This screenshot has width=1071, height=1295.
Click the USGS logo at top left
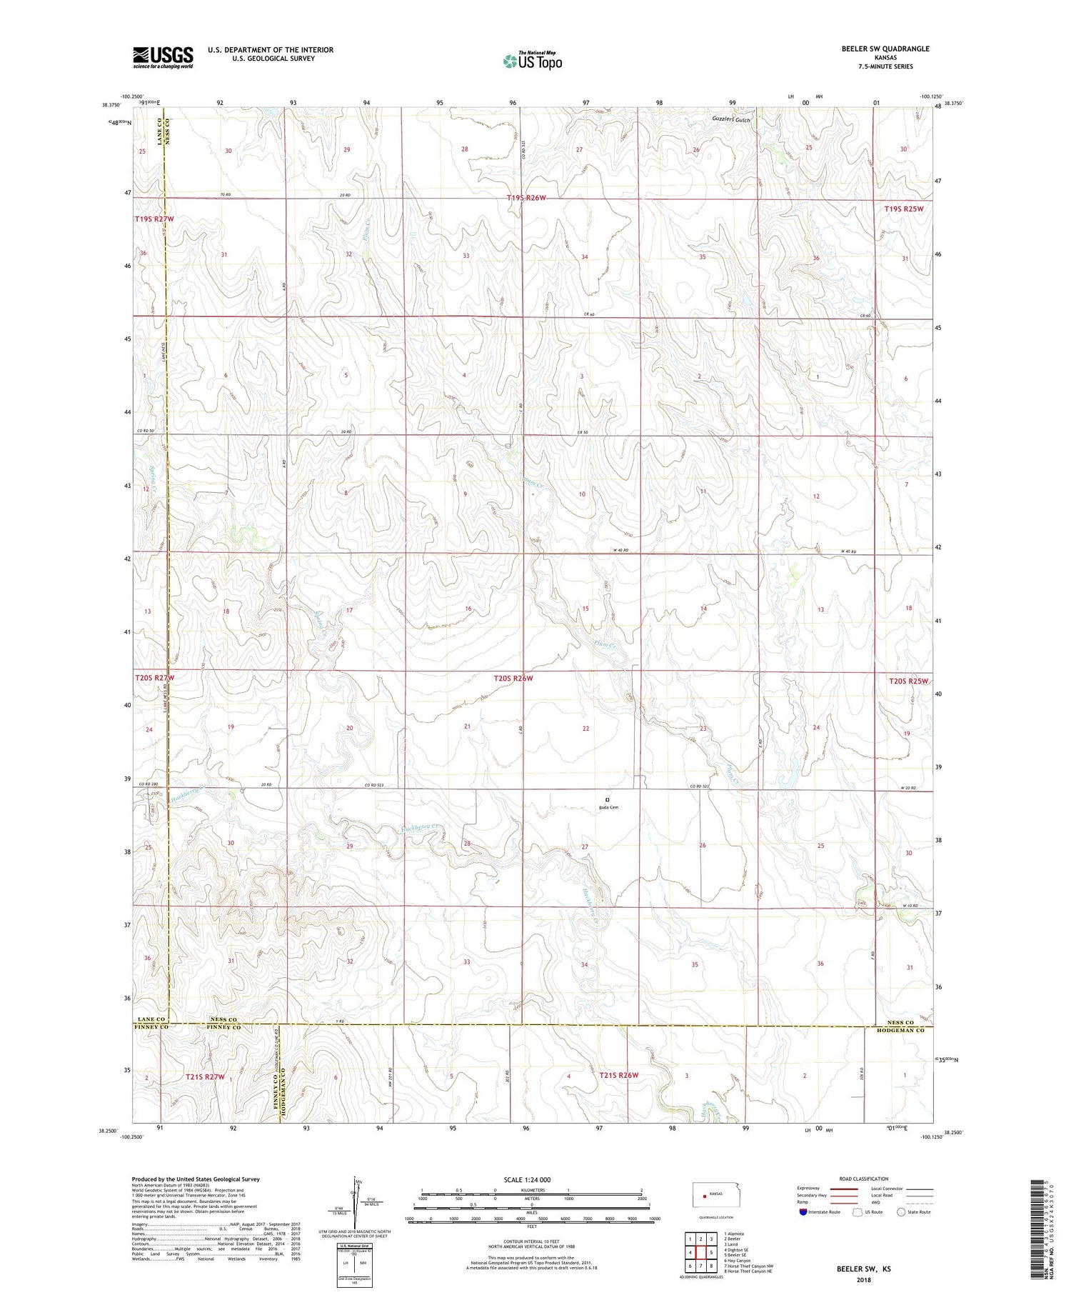(x=163, y=57)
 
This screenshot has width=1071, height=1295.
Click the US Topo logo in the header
(x=532, y=61)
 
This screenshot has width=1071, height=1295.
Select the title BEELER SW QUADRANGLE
(x=885, y=49)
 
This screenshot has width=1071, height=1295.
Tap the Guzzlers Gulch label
(x=731, y=120)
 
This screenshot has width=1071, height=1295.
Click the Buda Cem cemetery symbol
(x=608, y=799)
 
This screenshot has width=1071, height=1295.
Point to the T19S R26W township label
(x=526, y=198)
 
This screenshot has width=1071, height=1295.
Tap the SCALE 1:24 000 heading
(x=527, y=1179)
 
